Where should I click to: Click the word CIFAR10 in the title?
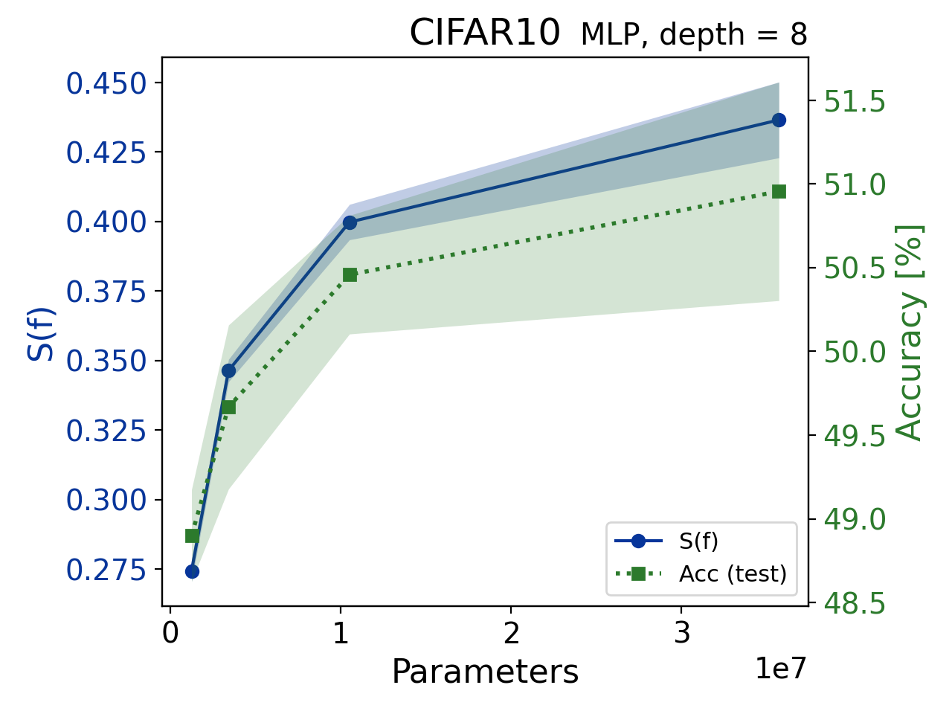484,33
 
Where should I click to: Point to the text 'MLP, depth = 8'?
693,35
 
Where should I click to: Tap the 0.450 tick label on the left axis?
107,84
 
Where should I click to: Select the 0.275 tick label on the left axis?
107,570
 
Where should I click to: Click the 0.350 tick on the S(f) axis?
107,362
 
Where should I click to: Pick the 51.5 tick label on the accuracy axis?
855,102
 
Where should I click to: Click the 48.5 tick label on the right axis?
855,605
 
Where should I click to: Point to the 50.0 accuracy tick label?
855,352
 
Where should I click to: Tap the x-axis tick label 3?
681,633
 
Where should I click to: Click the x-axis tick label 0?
170,633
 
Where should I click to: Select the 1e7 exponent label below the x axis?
780,669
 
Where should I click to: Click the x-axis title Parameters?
485,672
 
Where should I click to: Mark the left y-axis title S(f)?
42,334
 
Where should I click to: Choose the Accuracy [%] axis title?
909,332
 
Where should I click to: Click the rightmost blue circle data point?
779,120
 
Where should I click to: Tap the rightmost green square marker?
779,192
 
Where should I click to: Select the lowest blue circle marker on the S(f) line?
192,571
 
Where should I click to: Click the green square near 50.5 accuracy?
350,275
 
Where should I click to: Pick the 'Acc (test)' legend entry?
733,573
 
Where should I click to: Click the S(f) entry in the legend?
698,541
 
